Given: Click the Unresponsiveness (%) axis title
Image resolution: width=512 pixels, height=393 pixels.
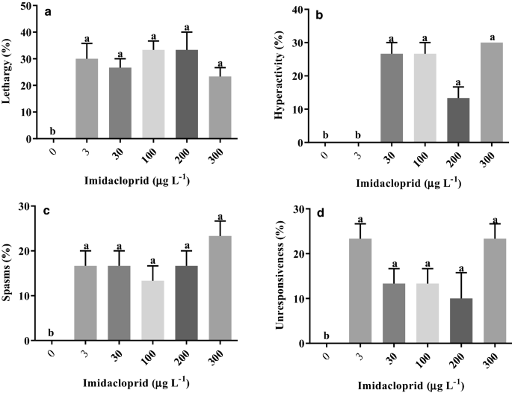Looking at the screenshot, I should click(277, 273).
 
